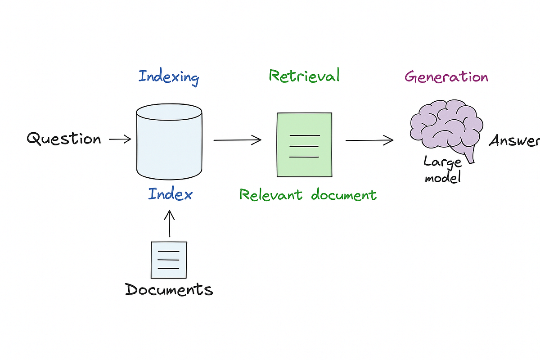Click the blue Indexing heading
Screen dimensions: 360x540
[x=169, y=77]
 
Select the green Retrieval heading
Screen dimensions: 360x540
[x=304, y=76]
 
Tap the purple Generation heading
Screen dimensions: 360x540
[x=446, y=77]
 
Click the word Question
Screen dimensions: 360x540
[x=64, y=139]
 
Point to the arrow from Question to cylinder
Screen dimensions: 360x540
[x=120, y=139]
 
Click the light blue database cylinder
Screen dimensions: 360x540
[x=169, y=142]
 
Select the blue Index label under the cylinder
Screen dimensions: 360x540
[x=170, y=194]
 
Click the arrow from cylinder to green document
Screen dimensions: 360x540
[x=237, y=140]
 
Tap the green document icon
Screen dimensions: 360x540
[x=304, y=144]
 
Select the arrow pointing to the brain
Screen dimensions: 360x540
[x=369, y=141]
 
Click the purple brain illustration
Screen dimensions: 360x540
[x=445, y=123]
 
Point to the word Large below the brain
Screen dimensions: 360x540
[x=442, y=162]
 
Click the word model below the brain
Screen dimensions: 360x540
[x=443, y=178]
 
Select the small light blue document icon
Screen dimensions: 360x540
[x=169, y=260]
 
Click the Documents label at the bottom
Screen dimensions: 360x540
[x=169, y=289]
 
